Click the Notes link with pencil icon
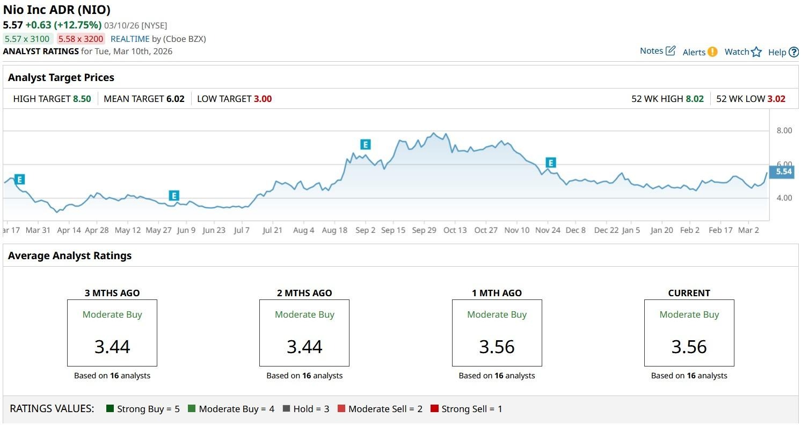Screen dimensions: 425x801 [x=657, y=51]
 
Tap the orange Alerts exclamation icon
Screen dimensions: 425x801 [x=712, y=52]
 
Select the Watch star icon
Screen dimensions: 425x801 [x=756, y=52]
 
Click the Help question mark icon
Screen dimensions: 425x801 [x=793, y=52]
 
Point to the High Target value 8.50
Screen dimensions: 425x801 [x=82, y=99]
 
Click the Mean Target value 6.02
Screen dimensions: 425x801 [x=176, y=99]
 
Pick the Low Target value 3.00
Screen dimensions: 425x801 [x=263, y=99]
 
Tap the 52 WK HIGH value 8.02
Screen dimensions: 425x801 [x=695, y=99]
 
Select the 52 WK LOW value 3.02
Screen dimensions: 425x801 [x=776, y=99]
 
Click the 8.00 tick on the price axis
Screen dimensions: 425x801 [x=784, y=130]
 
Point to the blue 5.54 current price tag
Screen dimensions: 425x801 [x=784, y=172]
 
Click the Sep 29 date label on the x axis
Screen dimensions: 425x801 [x=424, y=230]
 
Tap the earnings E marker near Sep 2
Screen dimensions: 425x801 [x=365, y=144]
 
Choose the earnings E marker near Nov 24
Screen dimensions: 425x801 [x=550, y=163]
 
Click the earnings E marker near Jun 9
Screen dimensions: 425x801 [x=173, y=196]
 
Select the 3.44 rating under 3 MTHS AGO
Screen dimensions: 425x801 [x=112, y=347]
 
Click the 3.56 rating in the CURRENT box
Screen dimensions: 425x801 [x=689, y=347]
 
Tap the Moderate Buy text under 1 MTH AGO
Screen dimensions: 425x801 [x=497, y=314]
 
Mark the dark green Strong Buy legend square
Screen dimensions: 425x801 [x=111, y=409]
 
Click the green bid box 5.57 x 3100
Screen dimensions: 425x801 [x=27, y=39]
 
